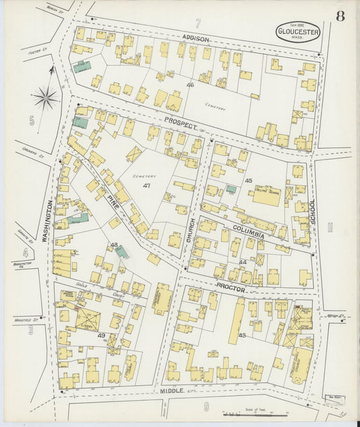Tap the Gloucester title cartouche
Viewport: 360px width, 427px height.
[x=298, y=30]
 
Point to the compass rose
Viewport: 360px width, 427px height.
[x=46, y=99]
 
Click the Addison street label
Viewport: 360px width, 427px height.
[x=195, y=39]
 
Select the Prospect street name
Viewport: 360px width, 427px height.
[x=179, y=126]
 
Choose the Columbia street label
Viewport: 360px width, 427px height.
[x=249, y=232]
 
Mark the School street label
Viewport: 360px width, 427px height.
[x=312, y=212]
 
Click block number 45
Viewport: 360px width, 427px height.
[x=249, y=180]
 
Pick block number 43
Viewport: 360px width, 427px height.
[x=241, y=336]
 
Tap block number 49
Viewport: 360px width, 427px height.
[x=101, y=336]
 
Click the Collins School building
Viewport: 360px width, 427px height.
[x=266, y=197]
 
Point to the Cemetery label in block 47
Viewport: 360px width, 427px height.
[x=144, y=176]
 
